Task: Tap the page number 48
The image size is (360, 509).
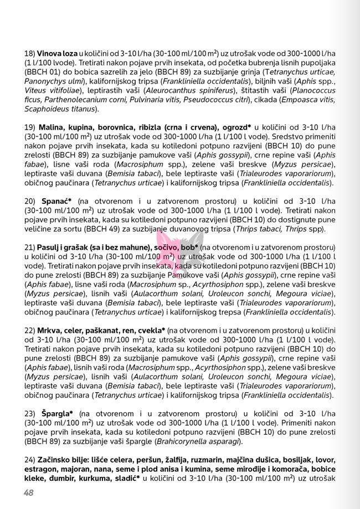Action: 29,493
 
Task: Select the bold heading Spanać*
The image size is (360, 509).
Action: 55,202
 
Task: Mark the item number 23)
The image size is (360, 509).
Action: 30,413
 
